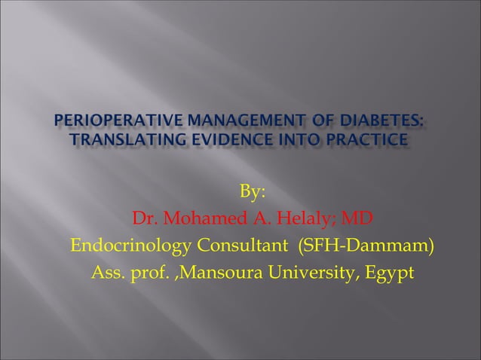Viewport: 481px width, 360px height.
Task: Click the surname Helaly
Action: (307, 220)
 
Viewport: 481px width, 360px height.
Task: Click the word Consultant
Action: (244, 246)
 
